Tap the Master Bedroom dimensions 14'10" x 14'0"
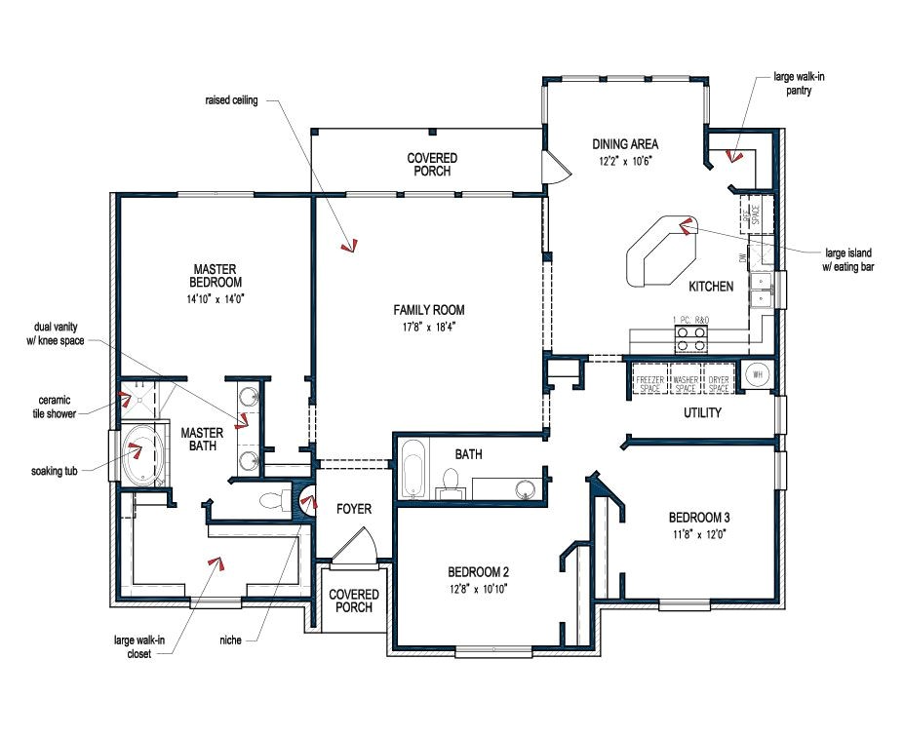(x=216, y=299)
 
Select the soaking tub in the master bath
(x=143, y=452)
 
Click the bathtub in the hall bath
(x=413, y=469)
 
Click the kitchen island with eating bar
(x=660, y=250)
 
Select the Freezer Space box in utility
(x=649, y=378)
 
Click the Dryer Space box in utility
(x=718, y=378)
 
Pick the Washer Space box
(x=685, y=378)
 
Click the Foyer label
(x=354, y=509)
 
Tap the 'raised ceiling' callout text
(x=231, y=100)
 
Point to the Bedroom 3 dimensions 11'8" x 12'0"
(x=697, y=533)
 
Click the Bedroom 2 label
(x=478, y=572)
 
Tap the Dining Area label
(x=625, y=144)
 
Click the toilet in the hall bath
(x=451, y=480)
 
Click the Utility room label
(x=701, y=412)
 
